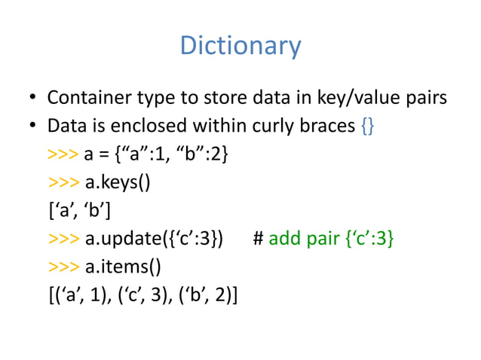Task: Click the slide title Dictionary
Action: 240,47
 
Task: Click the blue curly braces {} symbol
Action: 367,126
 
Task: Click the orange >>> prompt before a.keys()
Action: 63,183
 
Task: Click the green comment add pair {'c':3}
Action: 331,239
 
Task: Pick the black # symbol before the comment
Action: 257,239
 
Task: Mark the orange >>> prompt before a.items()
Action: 63,267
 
